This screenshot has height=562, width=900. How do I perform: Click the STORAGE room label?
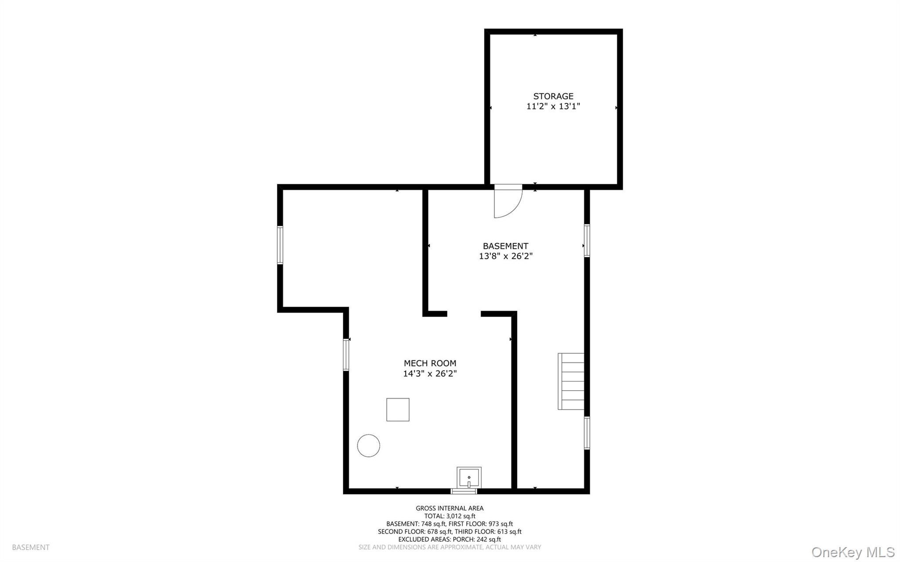pyautogui.click(x=553, y=96)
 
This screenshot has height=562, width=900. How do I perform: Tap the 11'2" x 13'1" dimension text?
pyautogui.click(x=553, y=106)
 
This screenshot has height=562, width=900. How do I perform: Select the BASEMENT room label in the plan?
pyautogui.click(x=505, y=246)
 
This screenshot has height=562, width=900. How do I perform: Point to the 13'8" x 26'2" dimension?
pyautogui.click(x=505, y=256)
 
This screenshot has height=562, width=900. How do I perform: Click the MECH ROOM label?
pyautogui.click(x=430, y=363)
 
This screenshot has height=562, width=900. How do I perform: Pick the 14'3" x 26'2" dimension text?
pyautogui.click(x=430, y=373)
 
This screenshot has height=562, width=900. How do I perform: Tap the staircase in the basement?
pyautogui.click(x=571, y=381)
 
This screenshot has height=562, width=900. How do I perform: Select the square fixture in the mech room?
pyautogui.click(x=398, y=410)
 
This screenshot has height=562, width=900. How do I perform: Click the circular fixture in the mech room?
pyautogui.click(x=368, y=446)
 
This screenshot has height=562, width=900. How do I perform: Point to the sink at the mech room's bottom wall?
pyautogui.click(x=469, y=477)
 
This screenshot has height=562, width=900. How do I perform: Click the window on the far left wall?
pyautogui.click(x=280, y=245)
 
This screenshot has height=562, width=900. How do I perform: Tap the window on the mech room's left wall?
pyautogui.click(x=346, y=355)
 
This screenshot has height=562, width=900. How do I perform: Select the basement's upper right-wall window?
pyautogui.click(x=587, y=240)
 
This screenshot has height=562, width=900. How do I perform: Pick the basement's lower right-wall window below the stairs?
pyautogui.click(x=587, y=433)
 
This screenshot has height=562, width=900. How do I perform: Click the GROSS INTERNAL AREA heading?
pyautogui.click(x=450, y=508)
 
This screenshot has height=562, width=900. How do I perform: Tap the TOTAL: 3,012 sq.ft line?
pyautogui.click(x=450, y=516)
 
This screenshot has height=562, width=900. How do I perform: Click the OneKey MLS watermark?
pyautogui.click(x=853, y=552)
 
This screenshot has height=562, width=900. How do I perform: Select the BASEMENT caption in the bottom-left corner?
pyautogui.click(x=31, y=547)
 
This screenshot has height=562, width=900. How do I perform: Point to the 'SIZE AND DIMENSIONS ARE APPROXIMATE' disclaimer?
pyautogui.click(x=421, y=547)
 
